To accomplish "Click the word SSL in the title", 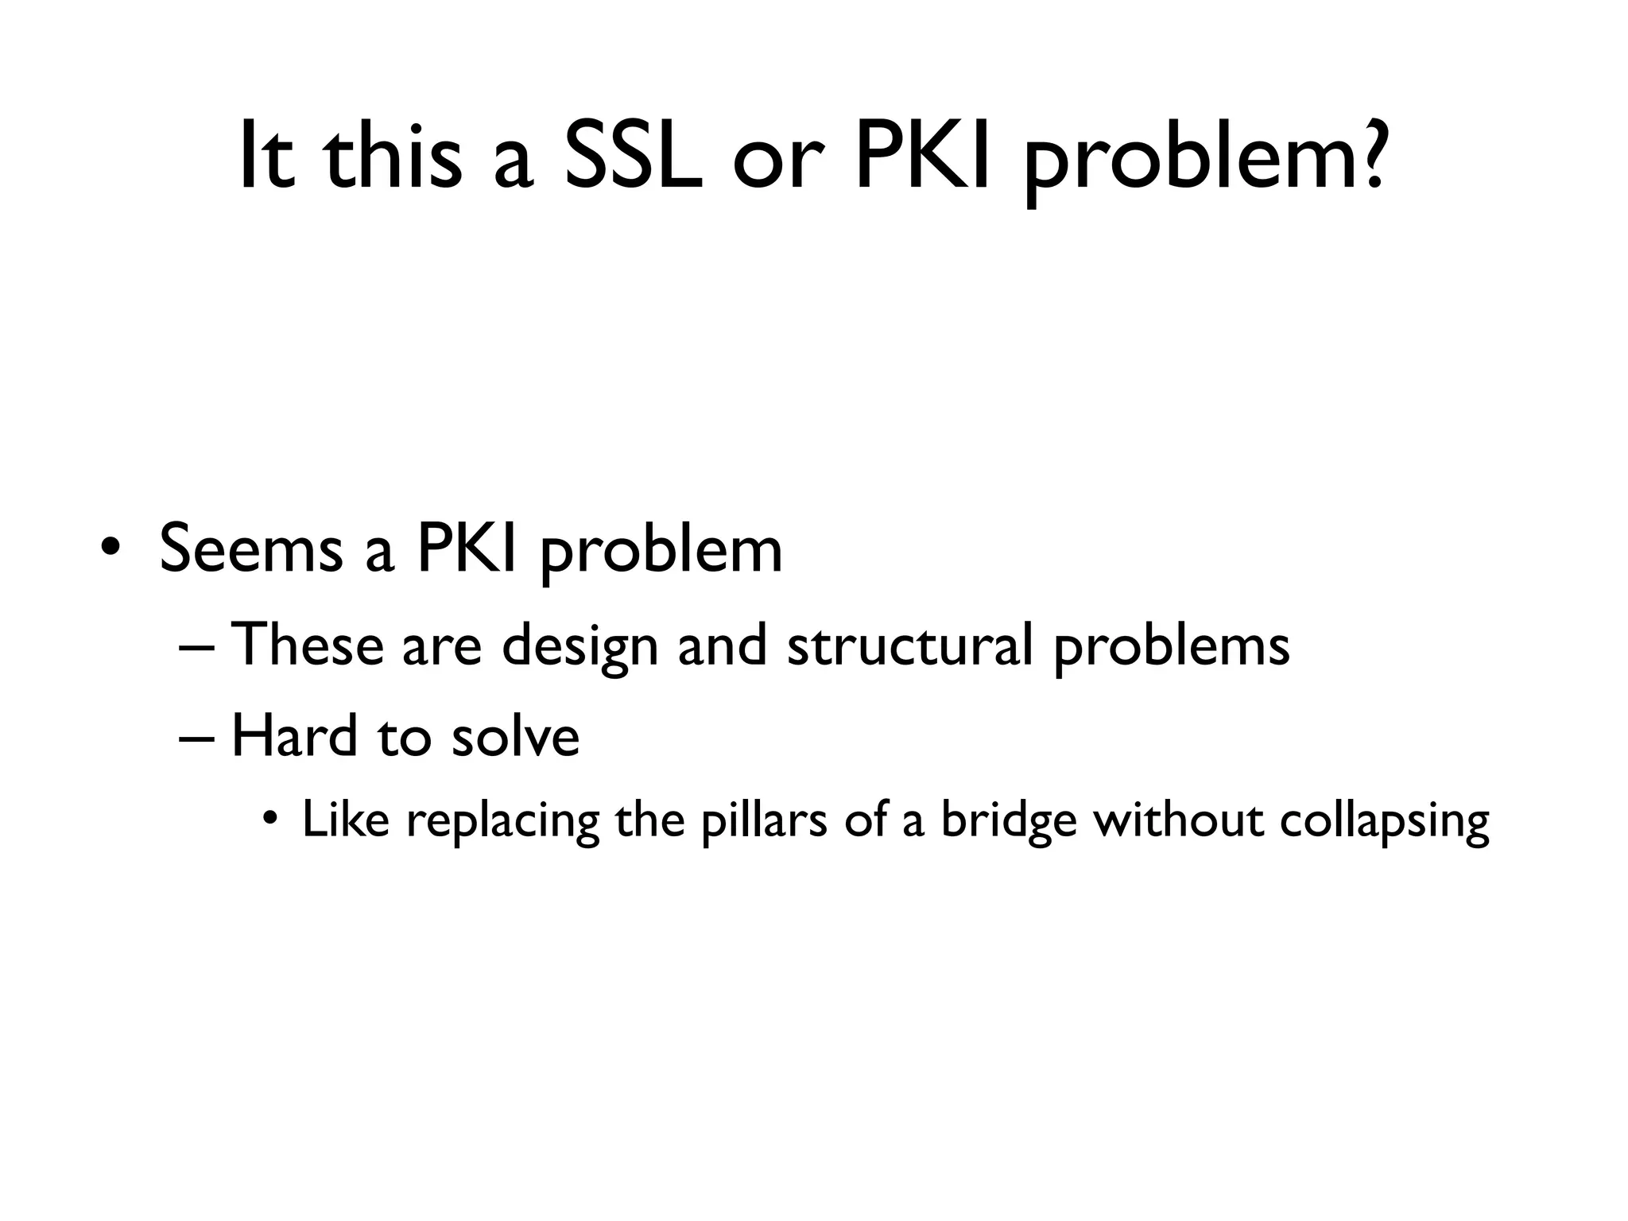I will pos(634,156).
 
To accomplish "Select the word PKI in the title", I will pos(921,156).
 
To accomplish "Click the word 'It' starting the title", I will pos(266,156).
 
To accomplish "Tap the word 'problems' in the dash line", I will pos(1172,648).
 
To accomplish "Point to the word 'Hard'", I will pos(294,735).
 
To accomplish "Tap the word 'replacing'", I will pos(502,823).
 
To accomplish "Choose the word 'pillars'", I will pos(764,823).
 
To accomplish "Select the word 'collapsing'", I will pos(1384,823).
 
